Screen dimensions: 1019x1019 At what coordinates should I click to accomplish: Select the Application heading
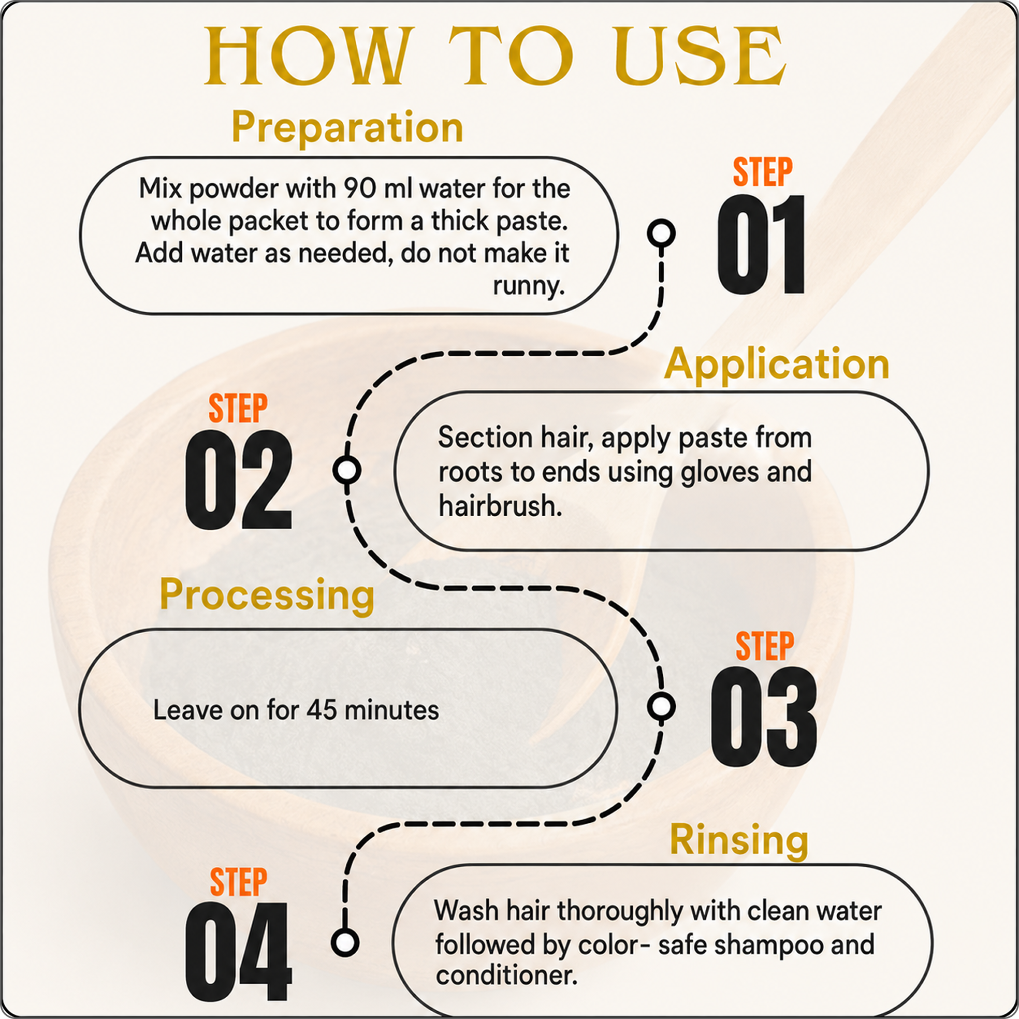coord(776,365)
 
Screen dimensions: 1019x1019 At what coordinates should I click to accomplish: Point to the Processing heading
coord(267,595)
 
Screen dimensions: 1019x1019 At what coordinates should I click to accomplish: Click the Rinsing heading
coord(739,840)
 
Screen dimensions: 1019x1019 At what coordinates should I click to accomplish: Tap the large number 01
coord(761,244)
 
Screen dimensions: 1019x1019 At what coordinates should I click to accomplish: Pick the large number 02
coord(238,480)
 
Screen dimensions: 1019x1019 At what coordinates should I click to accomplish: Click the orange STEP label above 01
coord(763,171)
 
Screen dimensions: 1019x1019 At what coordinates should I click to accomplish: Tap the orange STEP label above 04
coord(238,881)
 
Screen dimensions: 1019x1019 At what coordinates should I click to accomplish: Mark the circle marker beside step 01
coord(661,232)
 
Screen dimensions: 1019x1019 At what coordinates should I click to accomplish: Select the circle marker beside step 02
coord(347,470)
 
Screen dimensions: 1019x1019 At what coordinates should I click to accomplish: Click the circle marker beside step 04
coord(345,942)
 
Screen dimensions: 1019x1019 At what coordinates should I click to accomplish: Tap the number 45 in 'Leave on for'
coord(322,710)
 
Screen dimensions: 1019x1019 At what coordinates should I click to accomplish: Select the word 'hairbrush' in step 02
coord(500,506)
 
